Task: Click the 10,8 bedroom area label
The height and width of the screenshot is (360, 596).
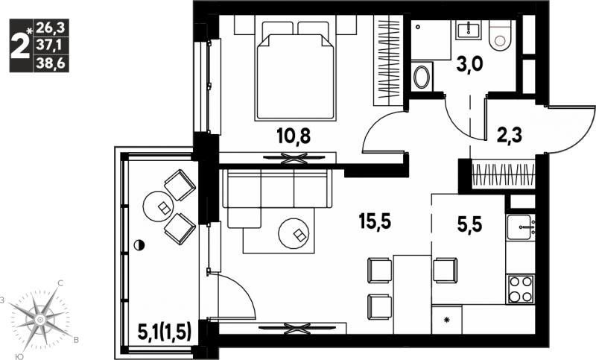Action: pos(294,136)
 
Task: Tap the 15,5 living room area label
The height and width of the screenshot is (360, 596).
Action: pos(375,221)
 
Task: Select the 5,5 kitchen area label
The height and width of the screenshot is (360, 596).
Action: pos(469,224)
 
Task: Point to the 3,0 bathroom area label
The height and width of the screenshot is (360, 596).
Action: pos(470,64)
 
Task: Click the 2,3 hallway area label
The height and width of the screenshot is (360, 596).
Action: pos(510,135)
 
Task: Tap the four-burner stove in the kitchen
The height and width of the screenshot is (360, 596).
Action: pos(520,288)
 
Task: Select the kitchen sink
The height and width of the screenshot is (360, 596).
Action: pos(519,227)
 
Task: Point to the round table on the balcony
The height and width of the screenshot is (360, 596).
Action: pos(158,206)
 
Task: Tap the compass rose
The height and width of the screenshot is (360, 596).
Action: pos(39,320)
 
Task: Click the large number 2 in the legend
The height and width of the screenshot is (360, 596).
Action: pos(20,45)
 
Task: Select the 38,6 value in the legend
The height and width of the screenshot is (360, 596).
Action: pos(51,64)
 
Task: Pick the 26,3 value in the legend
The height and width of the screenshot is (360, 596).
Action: pos(51,27)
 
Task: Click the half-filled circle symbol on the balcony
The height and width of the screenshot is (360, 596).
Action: pos(140,245)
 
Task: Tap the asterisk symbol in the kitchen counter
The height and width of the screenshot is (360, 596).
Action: pos(447,320)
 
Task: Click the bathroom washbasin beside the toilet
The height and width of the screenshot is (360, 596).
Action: pos(469,29)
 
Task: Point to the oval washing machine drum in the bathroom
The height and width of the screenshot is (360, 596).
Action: pos(421,78)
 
